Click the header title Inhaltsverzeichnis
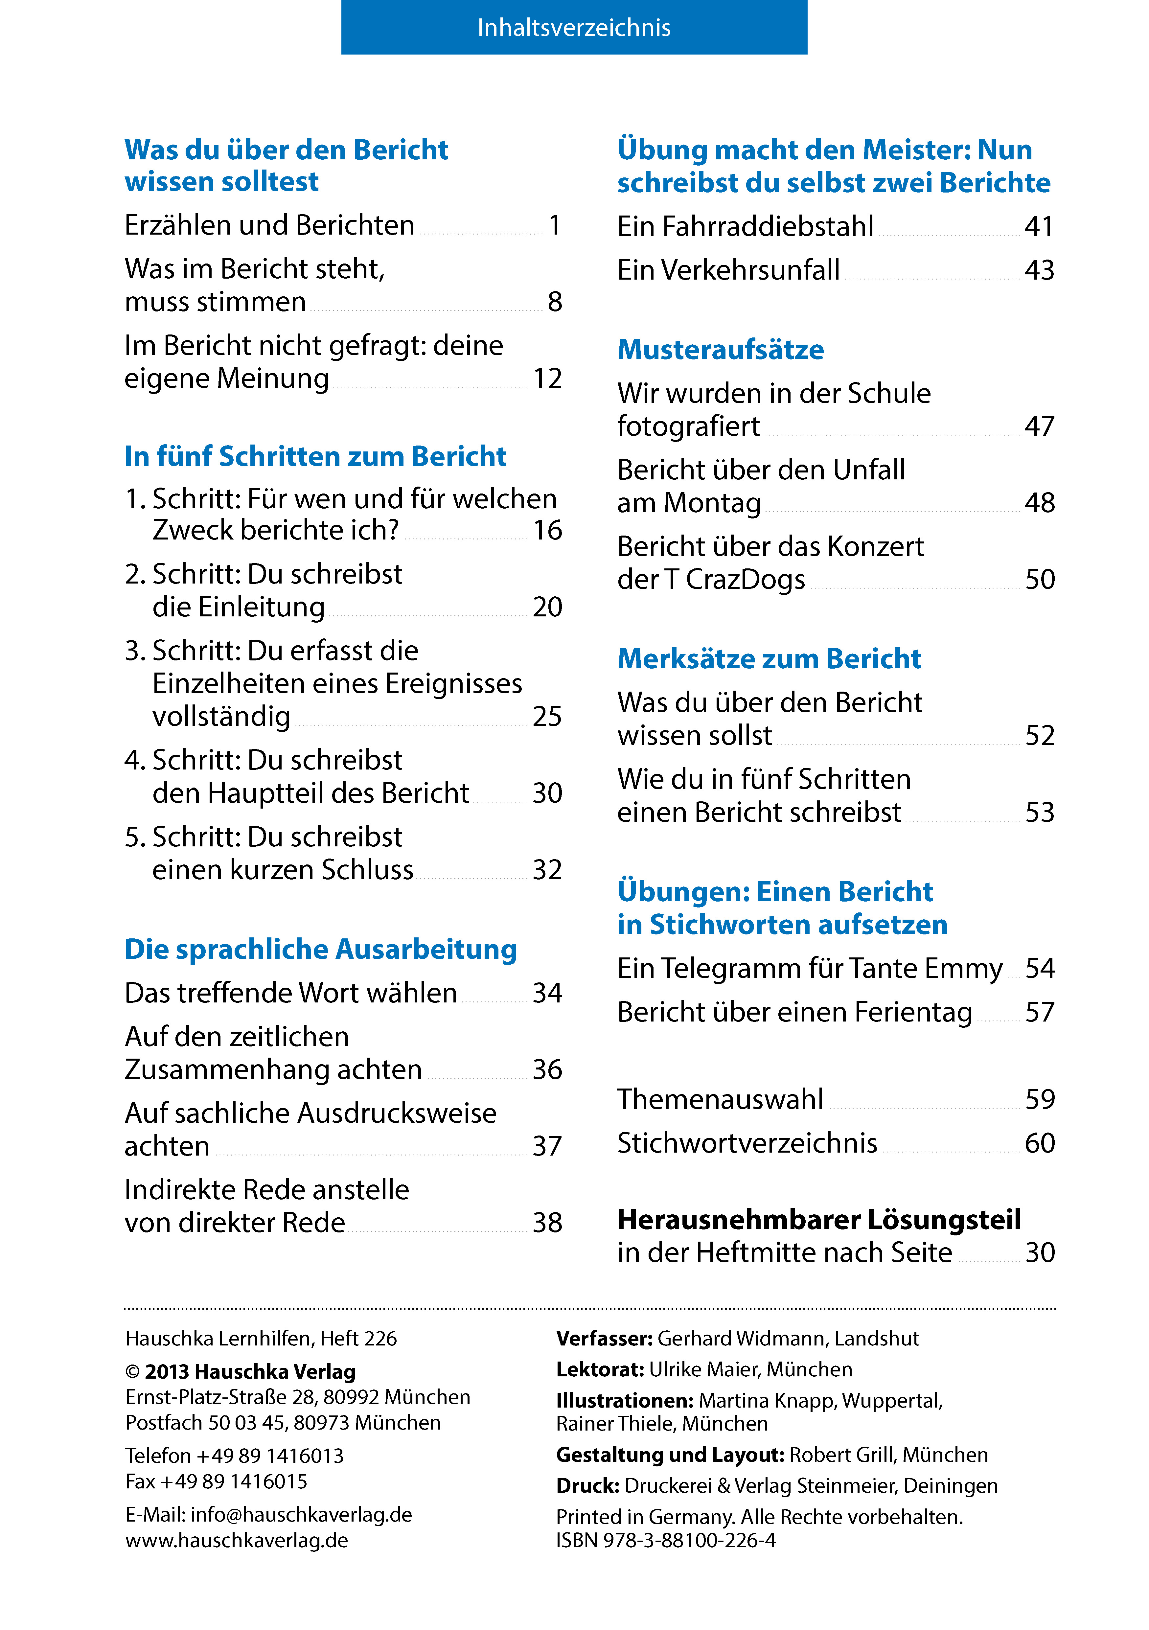coord(574,28)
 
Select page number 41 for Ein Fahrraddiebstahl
coord(1039,226)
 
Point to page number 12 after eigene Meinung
coord(547,379)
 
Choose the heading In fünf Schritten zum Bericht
coord(315,456)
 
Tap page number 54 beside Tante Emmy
coord(1040,968)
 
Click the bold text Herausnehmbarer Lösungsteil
coord(819,1220)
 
